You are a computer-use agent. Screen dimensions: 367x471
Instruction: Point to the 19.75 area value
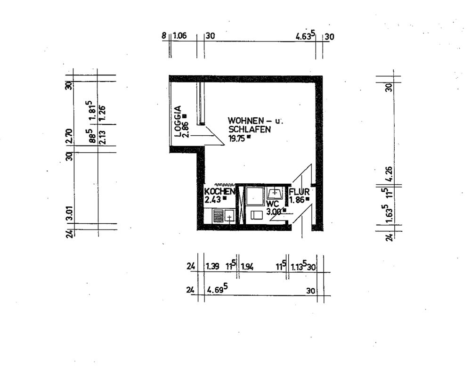pos(236,138)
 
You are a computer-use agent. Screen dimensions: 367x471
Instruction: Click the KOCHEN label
pos(219,192)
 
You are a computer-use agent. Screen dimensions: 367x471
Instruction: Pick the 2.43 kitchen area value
pos(213,199)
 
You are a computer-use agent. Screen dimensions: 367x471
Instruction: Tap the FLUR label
pos(299,192)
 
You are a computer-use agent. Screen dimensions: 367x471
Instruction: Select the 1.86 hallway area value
pos(297,200)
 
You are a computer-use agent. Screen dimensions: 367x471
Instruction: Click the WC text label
pos(272,204)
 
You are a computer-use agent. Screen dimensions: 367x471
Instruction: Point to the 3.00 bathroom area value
pos(274,212)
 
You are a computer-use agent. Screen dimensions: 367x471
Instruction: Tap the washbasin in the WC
pos(274,193)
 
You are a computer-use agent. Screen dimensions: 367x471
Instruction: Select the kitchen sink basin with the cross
pos(229,217)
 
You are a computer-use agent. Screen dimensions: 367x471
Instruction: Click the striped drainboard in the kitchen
pos(218,216)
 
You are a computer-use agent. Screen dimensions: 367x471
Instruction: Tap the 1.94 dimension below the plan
pos(247,267)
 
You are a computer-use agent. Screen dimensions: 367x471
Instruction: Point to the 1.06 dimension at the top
pos(180,36)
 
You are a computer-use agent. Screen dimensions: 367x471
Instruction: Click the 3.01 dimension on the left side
pos(69,213)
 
